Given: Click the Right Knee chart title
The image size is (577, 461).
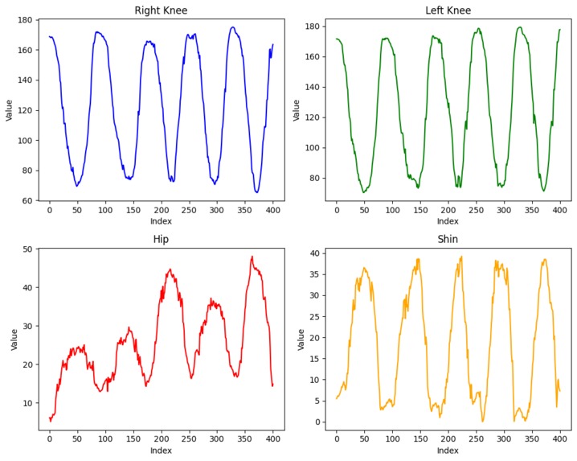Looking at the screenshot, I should click(161, 10).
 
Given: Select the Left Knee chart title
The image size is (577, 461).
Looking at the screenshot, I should click(448, 10).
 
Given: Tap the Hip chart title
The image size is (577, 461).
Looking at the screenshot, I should click(161, 239).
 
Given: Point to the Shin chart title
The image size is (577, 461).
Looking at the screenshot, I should click(448, 239).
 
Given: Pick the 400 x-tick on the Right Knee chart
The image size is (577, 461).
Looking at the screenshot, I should click(272, 211).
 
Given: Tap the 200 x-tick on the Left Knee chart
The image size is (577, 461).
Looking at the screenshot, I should click(448, 211).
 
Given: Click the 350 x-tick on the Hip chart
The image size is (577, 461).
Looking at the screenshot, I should click(244, 439).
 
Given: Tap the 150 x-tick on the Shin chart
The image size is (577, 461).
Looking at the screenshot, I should click(420, 439).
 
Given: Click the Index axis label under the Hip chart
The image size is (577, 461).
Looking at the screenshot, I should click(161, 451).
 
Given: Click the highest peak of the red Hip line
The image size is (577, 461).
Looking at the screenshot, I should click(252, 257).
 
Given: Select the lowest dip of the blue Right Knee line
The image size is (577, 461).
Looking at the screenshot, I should click(257, 192).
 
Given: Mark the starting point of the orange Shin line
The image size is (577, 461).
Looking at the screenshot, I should click(337, 398).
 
